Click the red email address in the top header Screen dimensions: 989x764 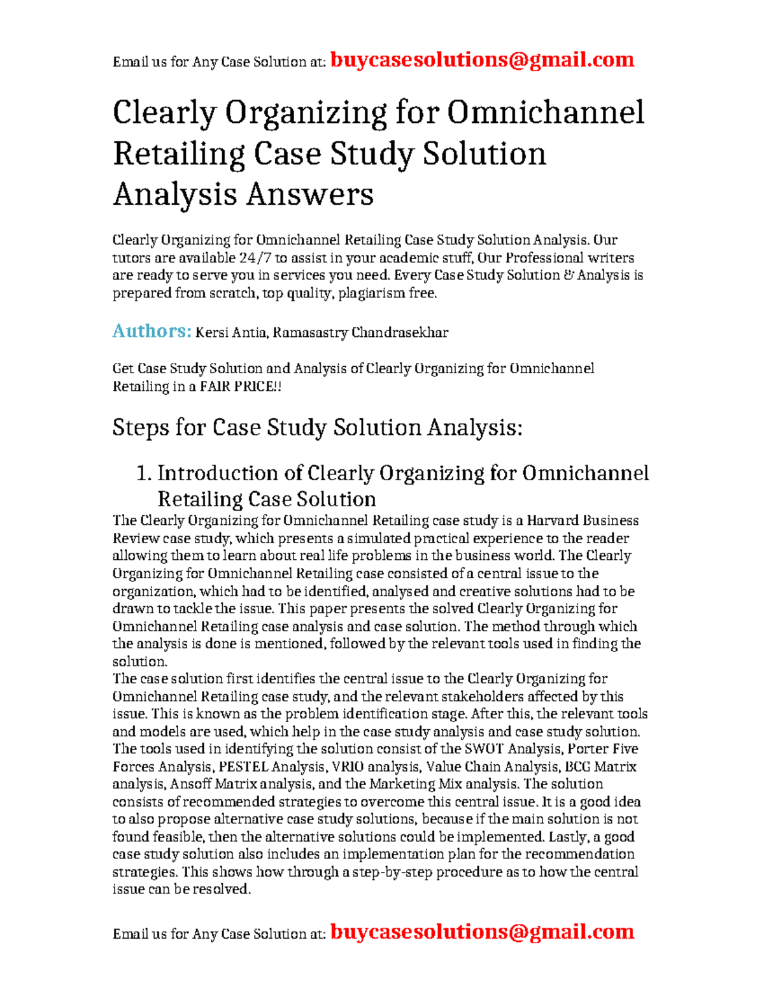[482, 60]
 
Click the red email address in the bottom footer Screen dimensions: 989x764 [482, 932]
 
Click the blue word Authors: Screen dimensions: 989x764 [152, 331]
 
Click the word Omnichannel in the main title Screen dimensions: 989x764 [545, 113]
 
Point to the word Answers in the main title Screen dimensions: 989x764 [309, 194]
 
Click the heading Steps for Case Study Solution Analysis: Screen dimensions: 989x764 [317, 427]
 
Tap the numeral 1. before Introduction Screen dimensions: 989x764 [144, 473]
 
